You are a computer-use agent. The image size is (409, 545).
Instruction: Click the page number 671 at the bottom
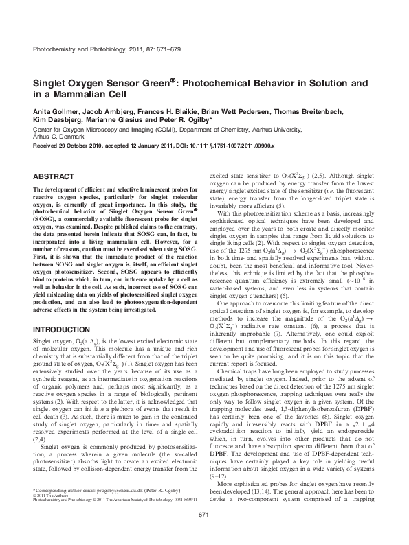click(203, 533)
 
